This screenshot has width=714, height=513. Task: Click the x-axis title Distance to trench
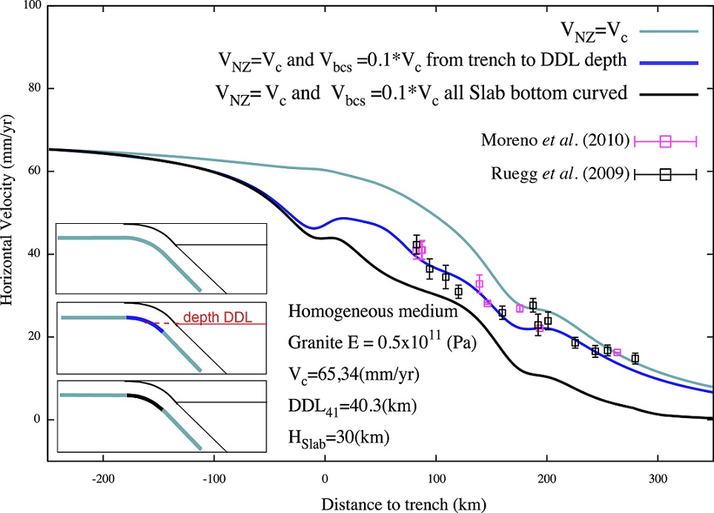coord(404,504)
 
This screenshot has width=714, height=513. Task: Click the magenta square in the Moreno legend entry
coord(665,139)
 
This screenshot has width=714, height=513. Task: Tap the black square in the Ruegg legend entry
coord(665,174)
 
